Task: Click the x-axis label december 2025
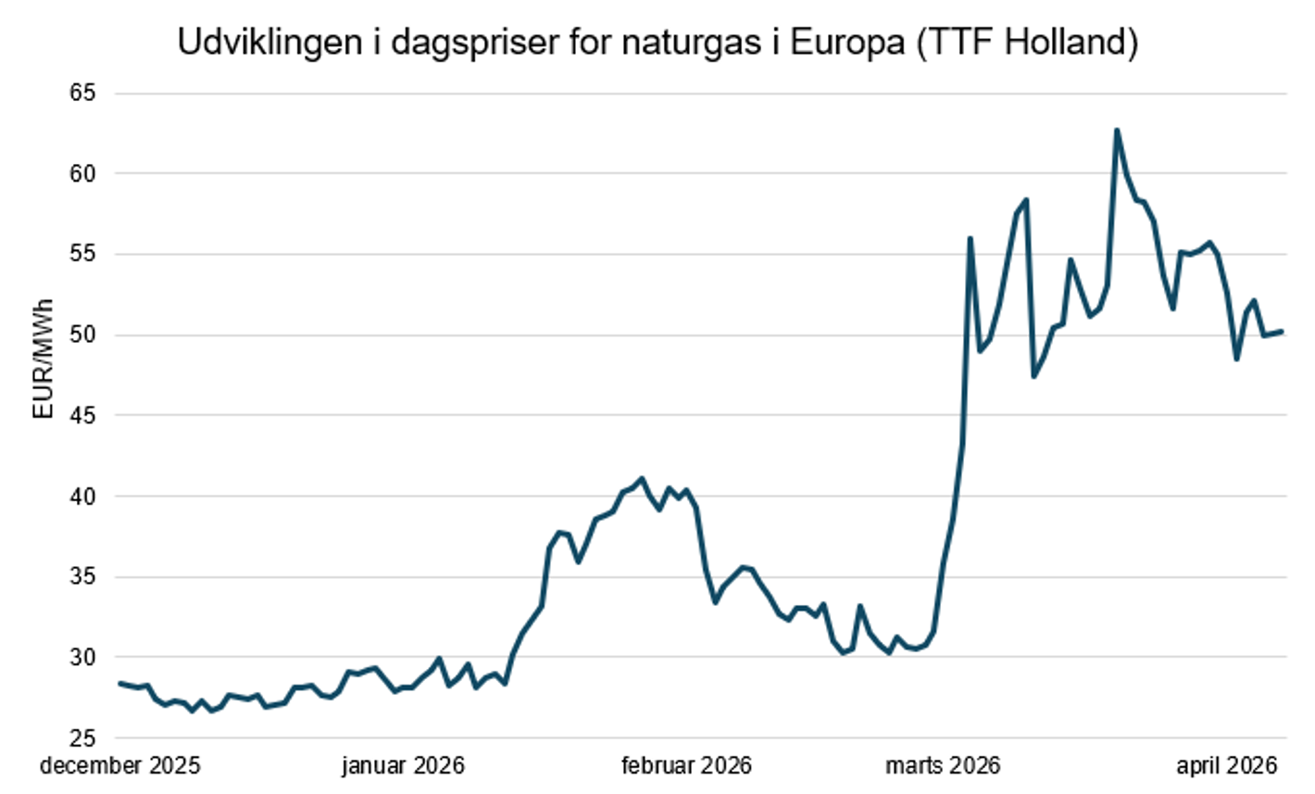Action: click(120, 766)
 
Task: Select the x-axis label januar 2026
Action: click(403, 766)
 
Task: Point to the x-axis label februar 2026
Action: click(686, 766)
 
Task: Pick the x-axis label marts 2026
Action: click(943, 766)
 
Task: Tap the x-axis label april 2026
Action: click(1227, 766)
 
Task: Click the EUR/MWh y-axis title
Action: click(44, 359)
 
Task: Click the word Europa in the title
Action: click(845, 44)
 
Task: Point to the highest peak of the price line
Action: click(1117, 131)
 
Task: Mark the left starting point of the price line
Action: click(120, 683)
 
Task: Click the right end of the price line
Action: click(1282, 331)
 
